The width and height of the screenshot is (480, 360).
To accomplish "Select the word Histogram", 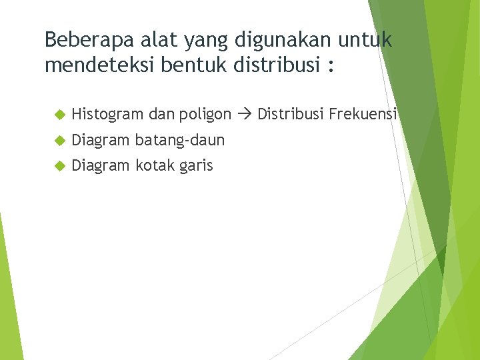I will (x=107, y=115).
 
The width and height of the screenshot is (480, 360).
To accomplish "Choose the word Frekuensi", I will (x=363, y=114).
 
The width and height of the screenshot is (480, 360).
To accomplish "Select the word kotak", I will (x=155, y=165).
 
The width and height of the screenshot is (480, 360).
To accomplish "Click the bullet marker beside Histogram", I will (x=58, y=115).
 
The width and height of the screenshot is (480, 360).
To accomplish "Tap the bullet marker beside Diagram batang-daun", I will (x=58, y=141).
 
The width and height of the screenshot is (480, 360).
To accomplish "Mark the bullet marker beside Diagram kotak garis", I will (x=58, y=166).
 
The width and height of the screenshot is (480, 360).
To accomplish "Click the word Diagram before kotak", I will (x=101, y=166).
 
